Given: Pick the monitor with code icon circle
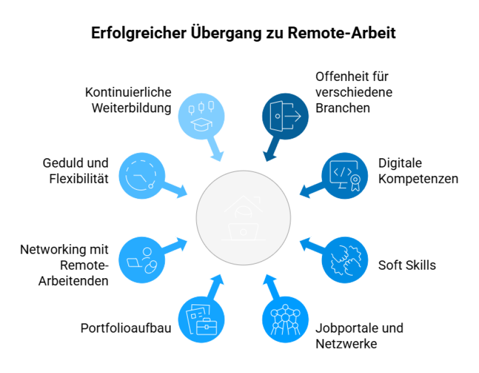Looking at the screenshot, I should (345, 175).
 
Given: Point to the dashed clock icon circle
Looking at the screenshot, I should (141, 175).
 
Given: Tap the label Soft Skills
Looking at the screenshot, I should (407, 265).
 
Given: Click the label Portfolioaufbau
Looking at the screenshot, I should (126, 328).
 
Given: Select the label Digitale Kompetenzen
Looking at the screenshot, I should (418, 171).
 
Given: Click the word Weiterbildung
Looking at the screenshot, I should (131, 108).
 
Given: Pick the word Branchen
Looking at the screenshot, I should (342, 108).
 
